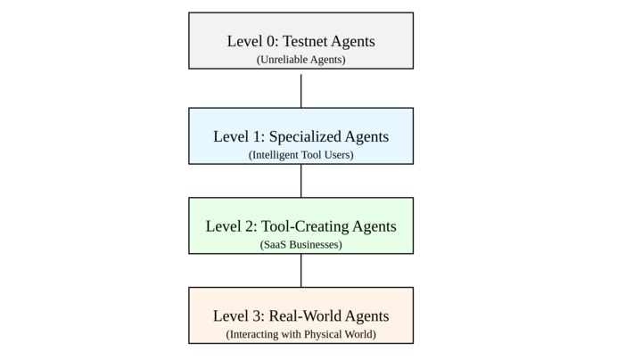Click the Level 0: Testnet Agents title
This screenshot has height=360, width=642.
[300, 41]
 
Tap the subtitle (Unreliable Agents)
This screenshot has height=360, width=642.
[300, 60]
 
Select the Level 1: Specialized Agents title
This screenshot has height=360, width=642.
[300, 136]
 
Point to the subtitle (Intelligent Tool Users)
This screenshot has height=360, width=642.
[300, 155]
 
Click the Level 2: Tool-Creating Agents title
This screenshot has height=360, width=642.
[300, 226]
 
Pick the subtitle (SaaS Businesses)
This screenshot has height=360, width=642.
[300, 244]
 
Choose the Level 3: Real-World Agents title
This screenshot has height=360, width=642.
[300, 316]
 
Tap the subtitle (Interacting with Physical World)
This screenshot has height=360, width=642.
[300, 334]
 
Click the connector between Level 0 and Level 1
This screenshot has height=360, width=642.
[300, 89]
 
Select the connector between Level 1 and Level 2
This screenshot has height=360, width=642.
[300, 181]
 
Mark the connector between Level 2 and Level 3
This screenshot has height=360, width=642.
[300, 271]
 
